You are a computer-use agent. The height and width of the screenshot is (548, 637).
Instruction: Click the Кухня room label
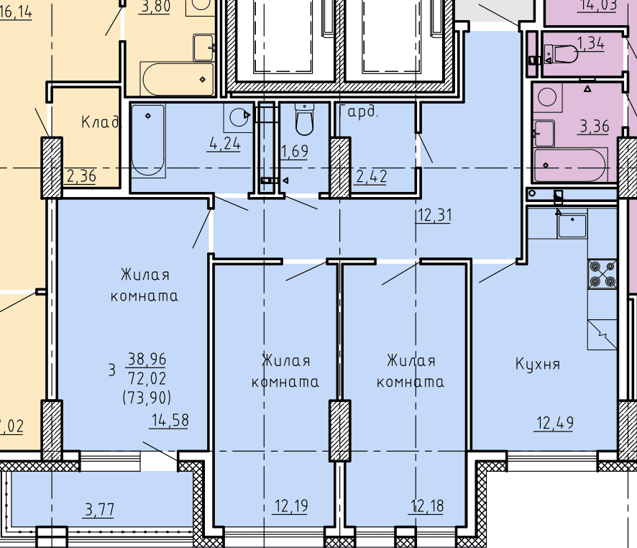point(538,364)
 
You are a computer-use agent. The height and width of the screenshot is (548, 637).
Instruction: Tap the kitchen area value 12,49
point(555,424)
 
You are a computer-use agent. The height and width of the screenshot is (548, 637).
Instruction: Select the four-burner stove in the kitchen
point(602,274)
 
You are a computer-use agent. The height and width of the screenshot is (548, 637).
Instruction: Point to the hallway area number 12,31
point(434,215)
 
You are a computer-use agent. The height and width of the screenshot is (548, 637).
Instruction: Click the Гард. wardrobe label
point(359,111)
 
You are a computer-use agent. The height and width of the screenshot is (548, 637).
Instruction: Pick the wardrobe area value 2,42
point(371,177)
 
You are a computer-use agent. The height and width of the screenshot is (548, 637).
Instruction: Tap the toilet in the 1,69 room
point(304,119)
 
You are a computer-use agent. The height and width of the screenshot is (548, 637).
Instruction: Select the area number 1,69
point(295,151)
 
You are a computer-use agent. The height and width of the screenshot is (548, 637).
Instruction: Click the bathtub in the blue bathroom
point(148,140)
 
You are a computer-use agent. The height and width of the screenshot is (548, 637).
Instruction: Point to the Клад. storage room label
point(101,122)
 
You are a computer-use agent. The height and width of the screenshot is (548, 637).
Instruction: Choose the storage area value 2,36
point(81,176)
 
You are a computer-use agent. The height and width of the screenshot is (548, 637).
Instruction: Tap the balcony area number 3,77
point(99,509)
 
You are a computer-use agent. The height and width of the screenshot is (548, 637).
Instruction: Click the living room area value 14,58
point(170,420)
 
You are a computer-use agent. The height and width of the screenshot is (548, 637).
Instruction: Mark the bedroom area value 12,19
point(291,506)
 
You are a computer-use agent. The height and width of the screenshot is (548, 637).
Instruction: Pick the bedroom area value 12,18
point(427,506)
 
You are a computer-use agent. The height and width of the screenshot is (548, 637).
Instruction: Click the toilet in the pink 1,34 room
point(561,54)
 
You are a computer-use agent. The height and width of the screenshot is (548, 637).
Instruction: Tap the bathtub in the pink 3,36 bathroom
point(570,165)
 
